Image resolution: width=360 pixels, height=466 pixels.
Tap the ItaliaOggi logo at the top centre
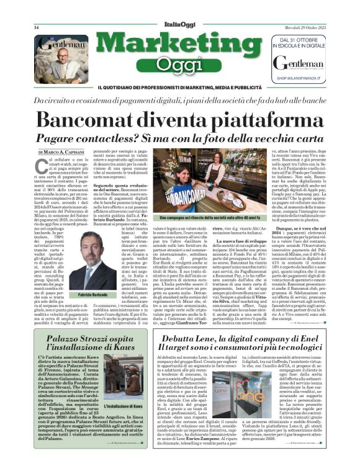coord(179,27)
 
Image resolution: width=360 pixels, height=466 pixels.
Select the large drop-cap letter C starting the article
coord(42,165)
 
